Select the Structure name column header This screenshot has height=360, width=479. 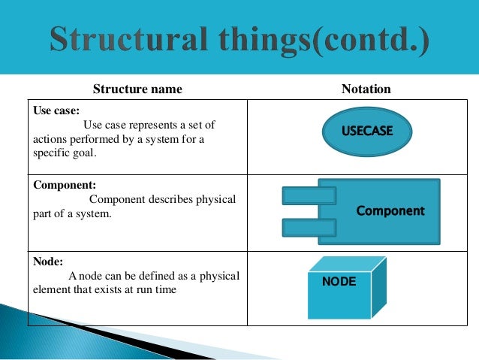point(137,89)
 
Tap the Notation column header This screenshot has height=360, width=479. point(366,89)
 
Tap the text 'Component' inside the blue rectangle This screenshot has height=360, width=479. point(390,211)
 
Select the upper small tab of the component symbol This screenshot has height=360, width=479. point(309,197)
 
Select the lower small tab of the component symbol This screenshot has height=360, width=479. point(309,226)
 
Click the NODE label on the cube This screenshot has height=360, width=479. point(339,283)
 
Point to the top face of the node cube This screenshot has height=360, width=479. point(348,263)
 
